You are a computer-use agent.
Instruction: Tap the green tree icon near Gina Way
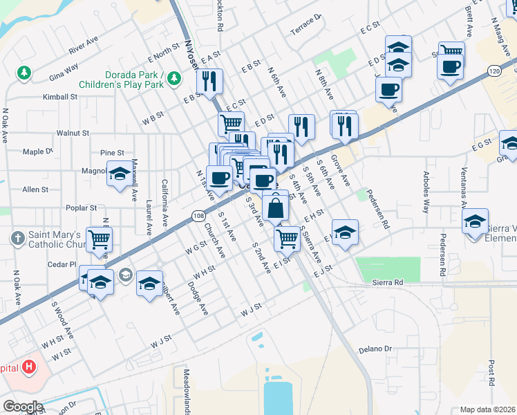point(24,72)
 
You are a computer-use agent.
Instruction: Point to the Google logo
point(22,407)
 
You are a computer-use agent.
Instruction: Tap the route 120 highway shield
point(493,71)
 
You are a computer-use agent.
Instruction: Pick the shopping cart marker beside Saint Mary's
point(100,239)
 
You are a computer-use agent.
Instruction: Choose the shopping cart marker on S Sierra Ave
point(287,239)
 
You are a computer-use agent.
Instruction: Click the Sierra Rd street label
point(387,283)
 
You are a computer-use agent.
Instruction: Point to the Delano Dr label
point(375,350)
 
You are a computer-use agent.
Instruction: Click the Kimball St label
point(60,98)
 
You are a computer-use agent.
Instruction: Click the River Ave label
point(83,46)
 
